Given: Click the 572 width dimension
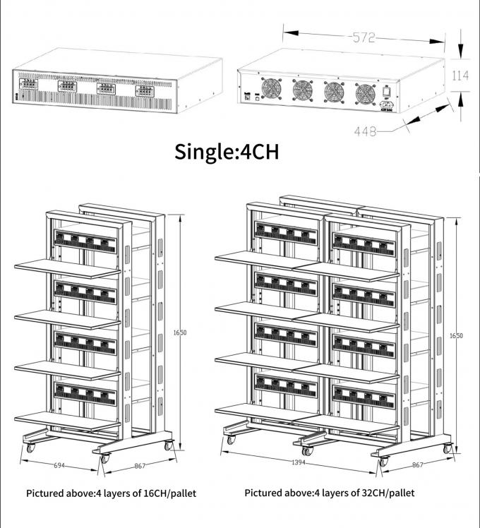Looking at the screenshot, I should [364, 38].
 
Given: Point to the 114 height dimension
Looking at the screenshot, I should [460, 76].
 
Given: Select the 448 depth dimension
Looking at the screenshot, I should [366, 131].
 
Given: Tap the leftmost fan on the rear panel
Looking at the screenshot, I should [272, 89].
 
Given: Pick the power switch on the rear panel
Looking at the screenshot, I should [388, 90].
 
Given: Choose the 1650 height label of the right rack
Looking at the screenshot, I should [456, 336].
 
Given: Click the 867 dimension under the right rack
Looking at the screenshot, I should [418, 465].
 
